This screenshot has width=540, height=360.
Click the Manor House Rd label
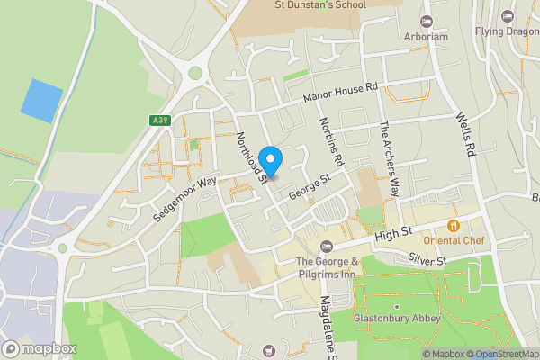point(343,92)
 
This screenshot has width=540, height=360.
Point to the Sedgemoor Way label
point(185,193)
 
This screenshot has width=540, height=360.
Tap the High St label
point(392,234)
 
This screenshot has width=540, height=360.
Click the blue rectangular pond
point(42,100)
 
